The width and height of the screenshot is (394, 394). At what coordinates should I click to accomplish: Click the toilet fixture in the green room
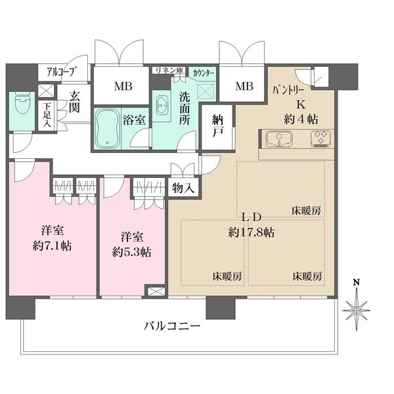21,106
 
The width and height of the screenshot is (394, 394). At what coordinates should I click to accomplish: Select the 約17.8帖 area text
252,232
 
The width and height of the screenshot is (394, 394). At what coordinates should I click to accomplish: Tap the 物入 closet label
183,187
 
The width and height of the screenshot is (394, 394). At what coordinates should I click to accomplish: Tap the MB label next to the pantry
244,85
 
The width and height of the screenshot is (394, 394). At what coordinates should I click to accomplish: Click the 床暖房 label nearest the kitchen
307,211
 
